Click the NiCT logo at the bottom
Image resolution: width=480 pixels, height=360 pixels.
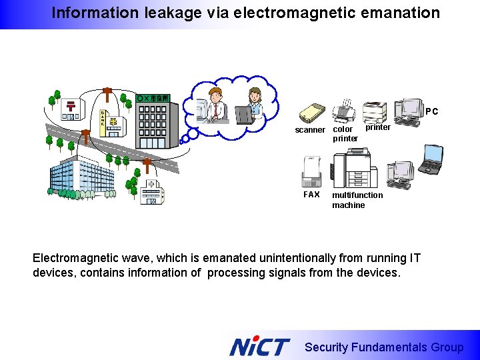pos(260,347)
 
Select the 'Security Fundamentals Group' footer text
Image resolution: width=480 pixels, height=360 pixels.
pos(383,347)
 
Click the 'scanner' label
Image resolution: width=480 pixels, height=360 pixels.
pos(310,130)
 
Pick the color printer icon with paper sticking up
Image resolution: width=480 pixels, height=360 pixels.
pos(345,111)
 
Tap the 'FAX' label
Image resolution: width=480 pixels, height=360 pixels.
pos(311,195)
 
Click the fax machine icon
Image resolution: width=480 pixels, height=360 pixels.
pos(311,172)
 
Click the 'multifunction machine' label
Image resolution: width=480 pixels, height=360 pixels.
pos(357,200)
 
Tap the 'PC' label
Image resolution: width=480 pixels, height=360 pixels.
pos(432,112)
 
